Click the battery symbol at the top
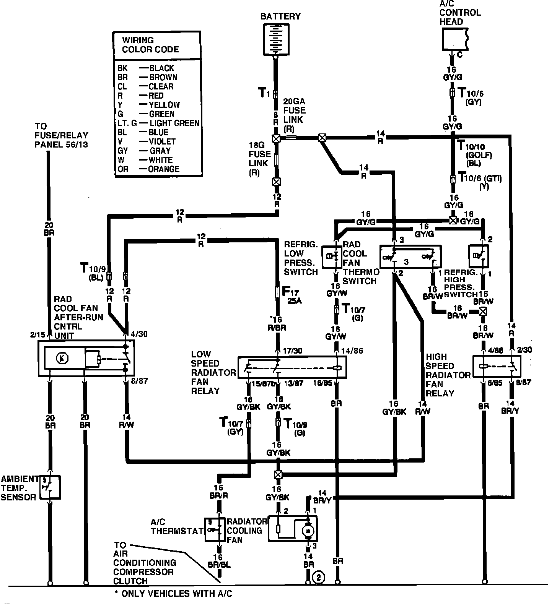pos(275,39)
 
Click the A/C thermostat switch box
pos(215,529)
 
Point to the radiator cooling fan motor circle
pos(308,530)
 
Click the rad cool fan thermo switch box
pos(410,257)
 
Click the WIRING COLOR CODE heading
pos(150,45)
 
